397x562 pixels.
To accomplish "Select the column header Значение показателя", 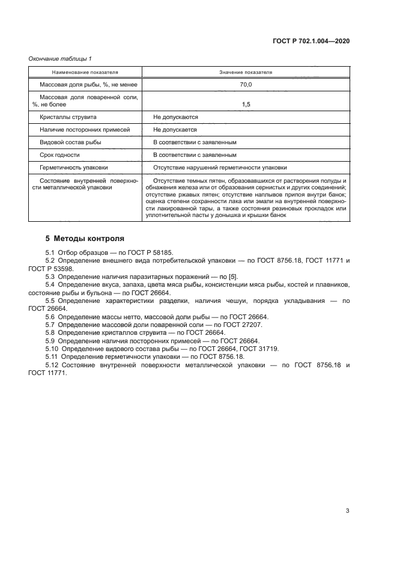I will pyautogui.click(x=246, y=72).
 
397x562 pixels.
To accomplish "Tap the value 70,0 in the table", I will pyautogui.click(x=246, y=85).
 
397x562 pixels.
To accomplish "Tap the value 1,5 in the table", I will pyautogui.click(x=246, y=105).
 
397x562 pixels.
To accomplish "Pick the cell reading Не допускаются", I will pyautogui.click(x=175, y=117).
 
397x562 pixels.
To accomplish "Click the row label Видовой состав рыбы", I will pyautogui.click(x=70, y=142).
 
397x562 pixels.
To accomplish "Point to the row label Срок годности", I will pyautogui.click(x=59, y=154).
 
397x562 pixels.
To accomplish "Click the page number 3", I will pyautogui.click(x=347, y=511).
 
